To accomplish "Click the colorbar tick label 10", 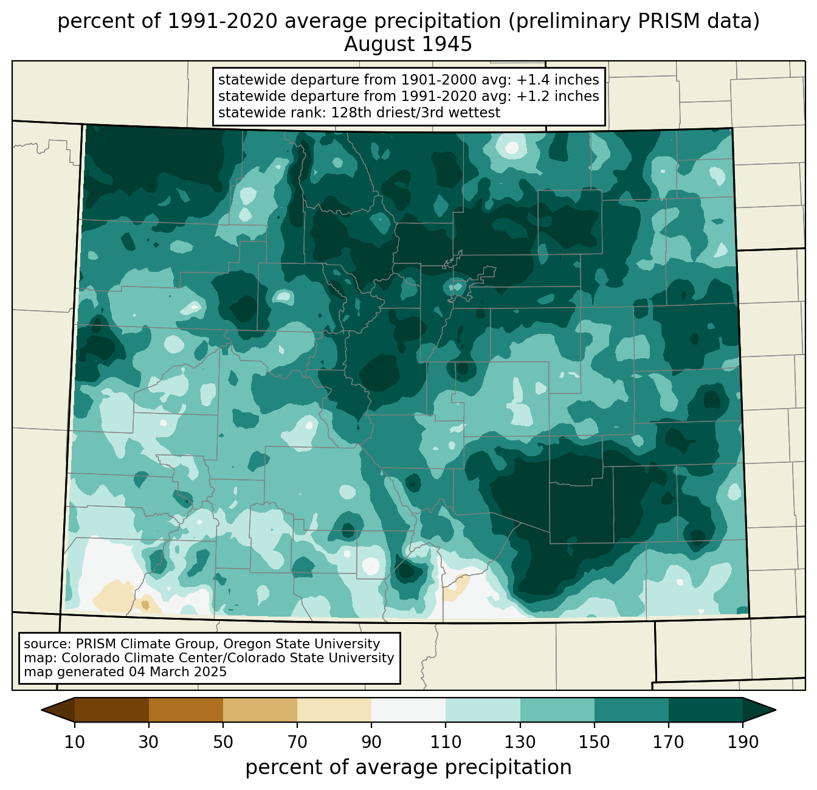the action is coord(74,742).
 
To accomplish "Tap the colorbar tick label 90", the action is coord(371,742).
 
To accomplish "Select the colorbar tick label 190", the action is coord(743,742).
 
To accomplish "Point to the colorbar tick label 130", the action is coord(520,742).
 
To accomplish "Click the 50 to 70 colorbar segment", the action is coord(260,710).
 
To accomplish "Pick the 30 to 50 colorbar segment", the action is coord(185,710).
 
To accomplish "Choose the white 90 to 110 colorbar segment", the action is coord(408,710).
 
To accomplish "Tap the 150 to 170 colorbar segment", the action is coord(632,710).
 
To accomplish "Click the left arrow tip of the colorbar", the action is coord(41,710).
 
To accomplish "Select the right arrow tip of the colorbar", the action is coord(776,710).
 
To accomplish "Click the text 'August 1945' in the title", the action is coord(408,44).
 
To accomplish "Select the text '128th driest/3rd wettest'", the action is coord(416,113).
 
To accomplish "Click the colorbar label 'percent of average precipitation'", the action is coord(408,767).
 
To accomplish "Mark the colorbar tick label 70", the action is coord(297,742).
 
